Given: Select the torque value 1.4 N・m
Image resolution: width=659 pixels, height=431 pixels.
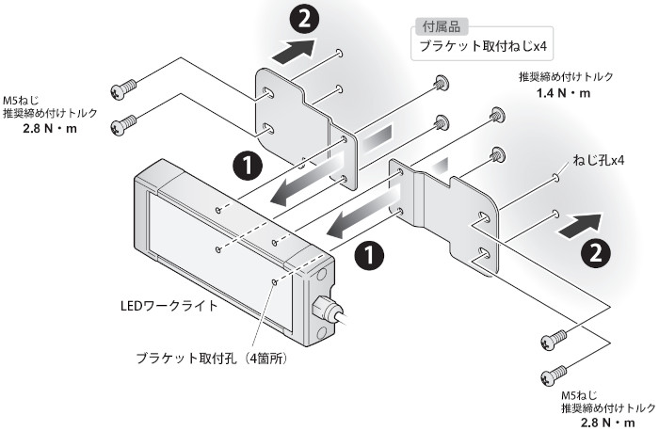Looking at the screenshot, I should pos(562,94).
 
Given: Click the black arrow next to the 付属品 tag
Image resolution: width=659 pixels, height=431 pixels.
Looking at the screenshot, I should pos(297,49).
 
